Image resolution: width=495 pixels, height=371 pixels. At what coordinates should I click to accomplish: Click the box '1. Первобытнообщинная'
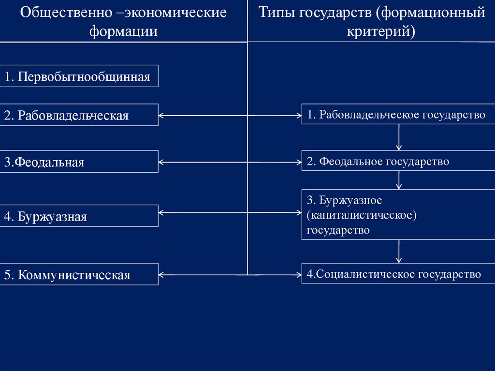[x=79, y=76]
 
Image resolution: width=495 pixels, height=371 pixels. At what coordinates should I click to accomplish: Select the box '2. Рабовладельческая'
[x=79, y=115]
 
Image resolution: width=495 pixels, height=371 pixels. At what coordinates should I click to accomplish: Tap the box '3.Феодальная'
[x=79, y=162]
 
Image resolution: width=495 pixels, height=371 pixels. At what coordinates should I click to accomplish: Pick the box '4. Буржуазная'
[x=79, y=216]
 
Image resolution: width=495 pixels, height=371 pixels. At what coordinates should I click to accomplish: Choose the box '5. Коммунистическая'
[x=79, y=274]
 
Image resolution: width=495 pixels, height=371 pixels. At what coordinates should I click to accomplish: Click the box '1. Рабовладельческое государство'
[x=398, y=114]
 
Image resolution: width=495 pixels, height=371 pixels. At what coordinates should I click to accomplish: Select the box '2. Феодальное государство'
[x=398, y=161]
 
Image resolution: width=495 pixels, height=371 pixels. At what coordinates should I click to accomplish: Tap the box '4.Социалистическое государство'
[x=398, y=274]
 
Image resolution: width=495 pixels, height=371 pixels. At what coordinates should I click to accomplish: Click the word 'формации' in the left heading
[x=123, y=32]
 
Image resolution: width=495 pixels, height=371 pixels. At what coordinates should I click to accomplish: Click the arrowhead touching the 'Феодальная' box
[x=161, y=162]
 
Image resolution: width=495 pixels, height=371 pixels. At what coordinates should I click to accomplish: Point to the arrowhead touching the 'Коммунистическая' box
[x=161, y=275]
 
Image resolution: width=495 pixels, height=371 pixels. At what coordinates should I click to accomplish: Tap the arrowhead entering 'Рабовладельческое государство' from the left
[x=299, y=115]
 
